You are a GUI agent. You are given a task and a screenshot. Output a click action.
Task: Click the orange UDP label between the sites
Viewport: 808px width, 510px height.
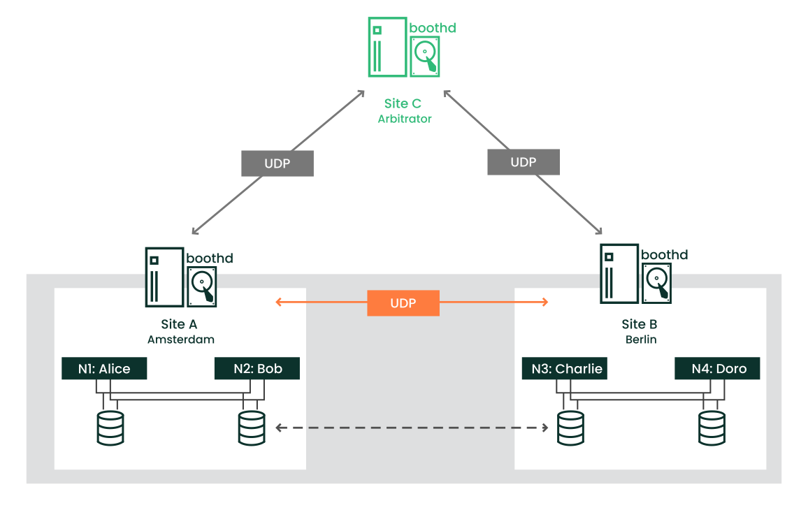coord(403,303)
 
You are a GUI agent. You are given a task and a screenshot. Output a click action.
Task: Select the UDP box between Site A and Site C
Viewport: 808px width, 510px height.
coord(277,163)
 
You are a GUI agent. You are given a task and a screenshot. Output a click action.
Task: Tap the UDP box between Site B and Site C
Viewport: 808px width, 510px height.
coord(524,162)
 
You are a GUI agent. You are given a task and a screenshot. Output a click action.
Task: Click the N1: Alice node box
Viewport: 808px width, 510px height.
coord(104,368)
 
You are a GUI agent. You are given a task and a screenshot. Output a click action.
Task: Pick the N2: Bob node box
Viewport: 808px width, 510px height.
coord(257,368)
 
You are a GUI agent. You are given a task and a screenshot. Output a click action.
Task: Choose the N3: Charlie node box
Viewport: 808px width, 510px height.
coord(564,368)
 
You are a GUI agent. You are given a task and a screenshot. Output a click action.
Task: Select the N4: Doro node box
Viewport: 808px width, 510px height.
coord(717,368)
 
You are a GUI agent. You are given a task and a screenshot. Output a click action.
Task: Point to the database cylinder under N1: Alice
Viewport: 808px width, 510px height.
coord(110,428)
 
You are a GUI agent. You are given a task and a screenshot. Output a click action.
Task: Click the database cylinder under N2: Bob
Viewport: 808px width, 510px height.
coord(252,428)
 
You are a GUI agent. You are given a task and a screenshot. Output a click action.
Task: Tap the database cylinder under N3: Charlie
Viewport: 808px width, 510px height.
coord(570,428)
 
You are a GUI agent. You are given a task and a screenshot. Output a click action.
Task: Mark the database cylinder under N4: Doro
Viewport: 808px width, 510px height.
coord(712,428)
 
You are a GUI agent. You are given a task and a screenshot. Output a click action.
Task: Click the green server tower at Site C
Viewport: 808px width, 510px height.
coord(387,48)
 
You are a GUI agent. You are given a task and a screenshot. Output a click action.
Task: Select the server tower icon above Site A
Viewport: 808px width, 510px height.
coord(164,277)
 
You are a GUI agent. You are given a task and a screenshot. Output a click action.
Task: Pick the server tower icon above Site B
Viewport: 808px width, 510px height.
coord(619,273)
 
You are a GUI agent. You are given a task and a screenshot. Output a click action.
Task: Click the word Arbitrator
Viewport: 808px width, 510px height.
coord(405,119)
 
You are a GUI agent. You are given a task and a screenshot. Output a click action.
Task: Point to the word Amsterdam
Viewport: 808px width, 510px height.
coord(181,340)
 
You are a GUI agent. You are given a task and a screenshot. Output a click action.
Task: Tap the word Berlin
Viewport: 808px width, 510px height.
coord(641,340)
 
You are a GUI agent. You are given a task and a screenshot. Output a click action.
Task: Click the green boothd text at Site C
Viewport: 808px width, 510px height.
coord(433,28)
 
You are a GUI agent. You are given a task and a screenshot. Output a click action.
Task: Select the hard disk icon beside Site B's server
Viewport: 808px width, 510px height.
coord(658,283)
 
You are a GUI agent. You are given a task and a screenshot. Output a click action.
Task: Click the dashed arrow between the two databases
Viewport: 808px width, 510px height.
coord(411,427)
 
